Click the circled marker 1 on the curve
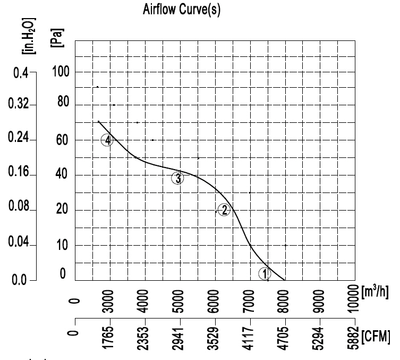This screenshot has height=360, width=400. click(265, 273)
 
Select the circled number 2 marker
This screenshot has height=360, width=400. click(224, 210)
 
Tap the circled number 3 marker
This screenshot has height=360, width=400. click(177, 179)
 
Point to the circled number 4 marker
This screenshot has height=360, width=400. click(107, 140)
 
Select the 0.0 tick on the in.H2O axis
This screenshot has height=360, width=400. click(20, 280)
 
